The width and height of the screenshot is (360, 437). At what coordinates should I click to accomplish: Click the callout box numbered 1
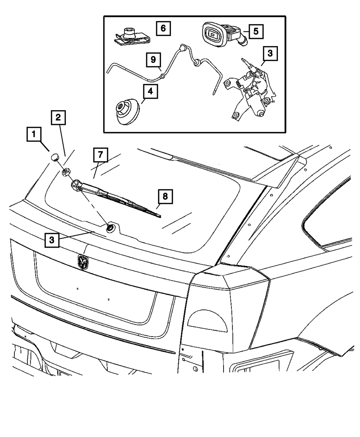[x=34, y=135]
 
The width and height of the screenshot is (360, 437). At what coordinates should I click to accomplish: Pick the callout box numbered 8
[x=165, y=197]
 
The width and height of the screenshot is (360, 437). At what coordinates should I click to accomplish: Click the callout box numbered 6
[x=163, y=28]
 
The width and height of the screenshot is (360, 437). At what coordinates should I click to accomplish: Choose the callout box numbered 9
[x=153, y=60]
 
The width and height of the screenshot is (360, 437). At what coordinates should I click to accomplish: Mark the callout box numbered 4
[x=150, y=91]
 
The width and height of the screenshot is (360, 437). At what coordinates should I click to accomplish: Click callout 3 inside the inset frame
[x=270, y=54]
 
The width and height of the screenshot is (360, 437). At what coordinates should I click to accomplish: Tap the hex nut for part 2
[x=66, y=172]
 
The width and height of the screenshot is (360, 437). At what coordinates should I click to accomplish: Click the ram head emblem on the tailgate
[x=82, y=262]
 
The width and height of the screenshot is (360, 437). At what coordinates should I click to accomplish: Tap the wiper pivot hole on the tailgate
[x=110, y=227]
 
